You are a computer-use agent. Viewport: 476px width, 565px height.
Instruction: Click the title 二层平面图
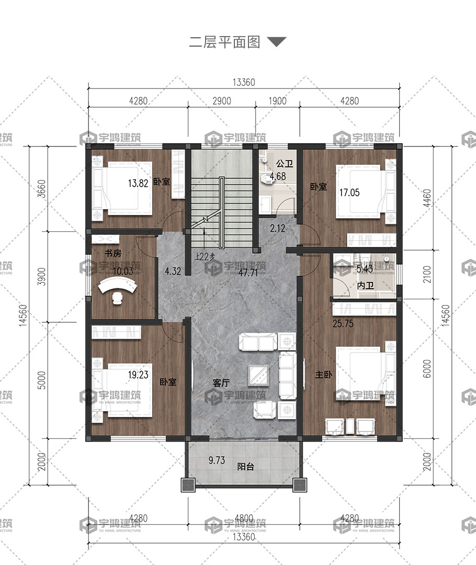coord(224,42)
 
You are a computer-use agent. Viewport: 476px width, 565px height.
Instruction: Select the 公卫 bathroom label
coord(285,164)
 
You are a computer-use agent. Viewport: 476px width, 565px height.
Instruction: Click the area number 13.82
coord(138,183)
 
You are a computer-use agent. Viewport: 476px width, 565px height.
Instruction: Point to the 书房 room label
coord(113,253)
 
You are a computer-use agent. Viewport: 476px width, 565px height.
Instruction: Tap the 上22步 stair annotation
coord(205,256)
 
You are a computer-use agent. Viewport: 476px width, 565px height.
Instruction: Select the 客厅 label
coord(221,382)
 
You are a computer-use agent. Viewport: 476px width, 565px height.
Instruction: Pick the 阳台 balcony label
coord(246,467)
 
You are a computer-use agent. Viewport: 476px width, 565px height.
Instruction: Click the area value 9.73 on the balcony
coord(217,460)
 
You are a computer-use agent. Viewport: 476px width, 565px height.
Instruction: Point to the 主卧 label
coord(323,375)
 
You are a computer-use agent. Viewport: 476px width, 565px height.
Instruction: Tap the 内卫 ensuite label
coord(365,286)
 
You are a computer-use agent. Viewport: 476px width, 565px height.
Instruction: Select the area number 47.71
coord(248,273)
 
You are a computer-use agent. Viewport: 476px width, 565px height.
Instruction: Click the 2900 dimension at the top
coord(222,101)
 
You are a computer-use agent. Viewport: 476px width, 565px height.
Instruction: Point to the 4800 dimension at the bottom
coord(244,518)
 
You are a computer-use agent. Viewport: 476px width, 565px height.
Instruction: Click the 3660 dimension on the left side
coord(42,188)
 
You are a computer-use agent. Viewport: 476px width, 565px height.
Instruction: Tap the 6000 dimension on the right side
coord(427,369)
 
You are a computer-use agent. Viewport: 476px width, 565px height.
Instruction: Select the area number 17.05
coord(349,193)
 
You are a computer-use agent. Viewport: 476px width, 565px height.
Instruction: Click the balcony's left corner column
coord(188,485)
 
